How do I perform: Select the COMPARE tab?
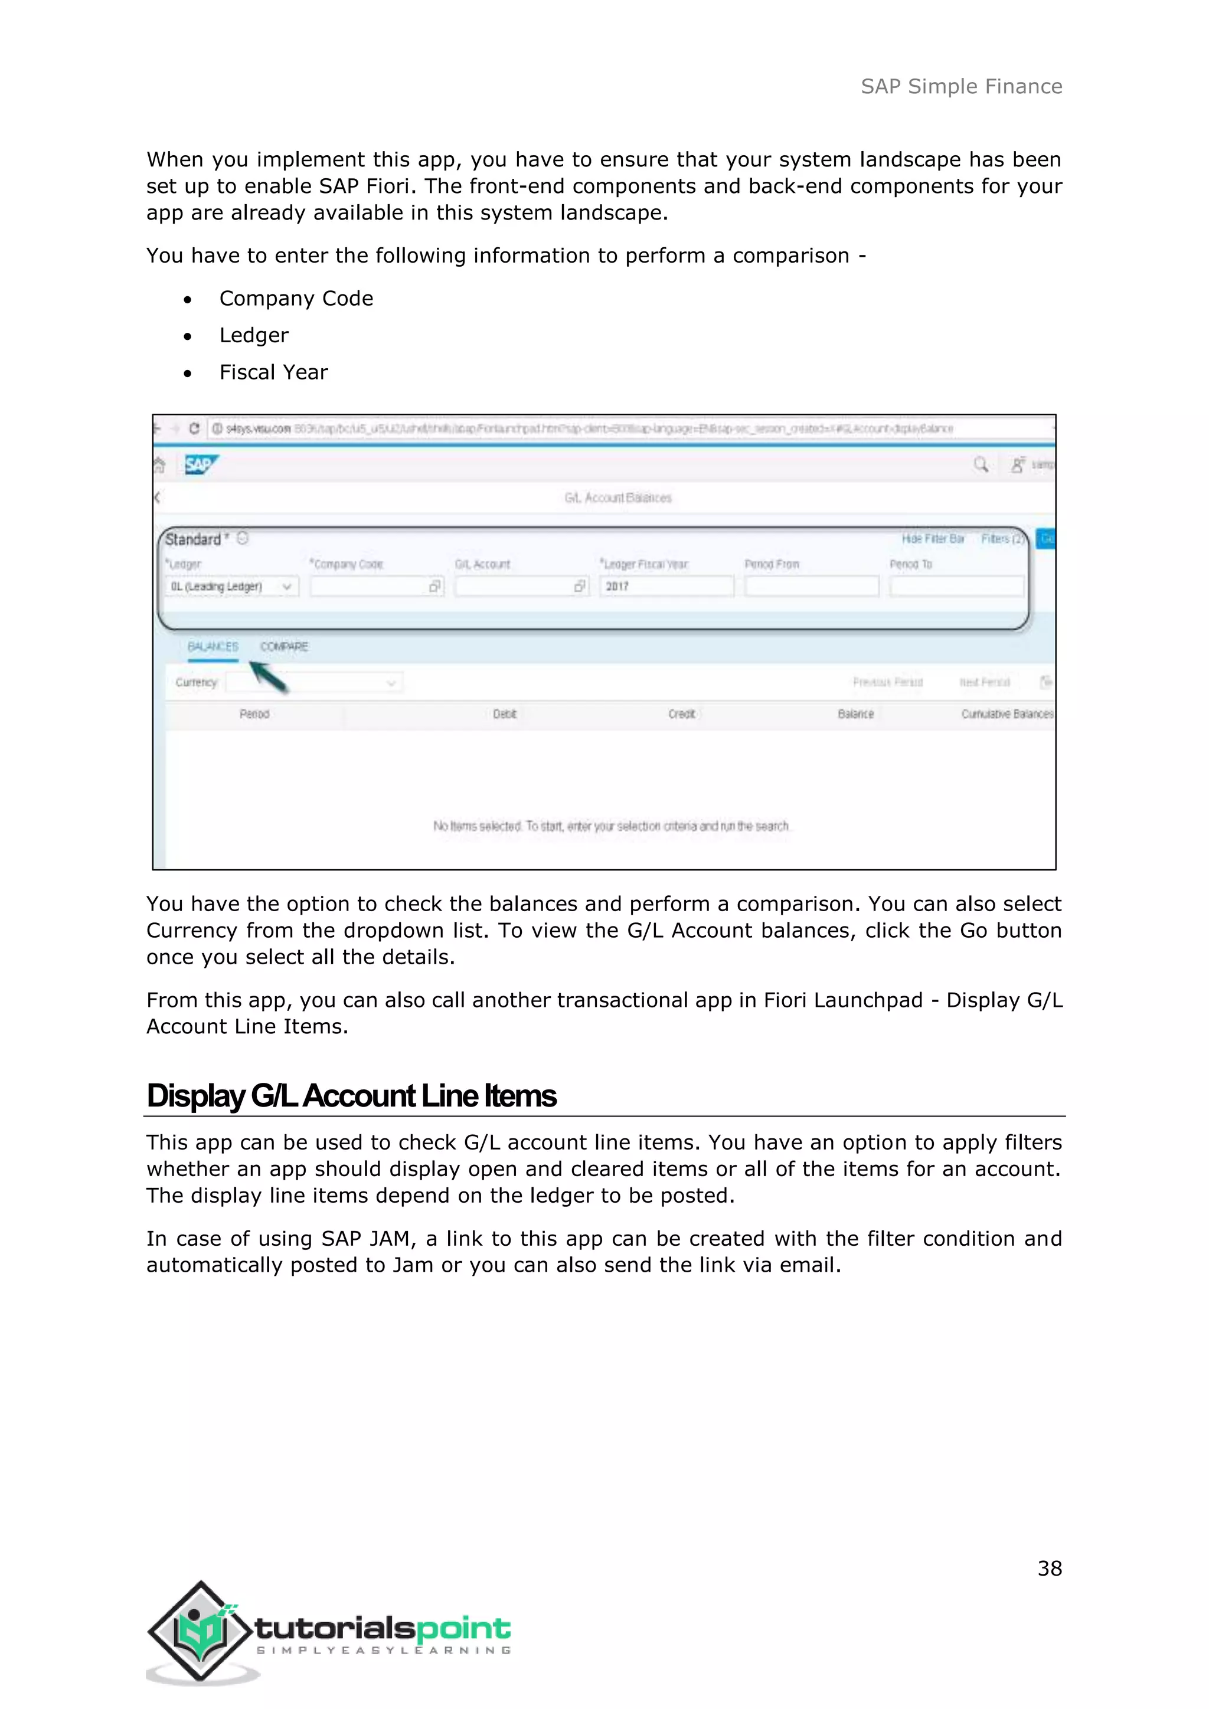click(283, 646)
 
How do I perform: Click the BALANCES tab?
click(213, 646)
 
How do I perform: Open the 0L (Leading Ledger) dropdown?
click(231, 587)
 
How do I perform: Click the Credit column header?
click(681, 714)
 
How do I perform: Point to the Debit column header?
click(504, 714)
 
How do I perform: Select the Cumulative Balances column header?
click(1007, 714)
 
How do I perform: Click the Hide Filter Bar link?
click(932, 538)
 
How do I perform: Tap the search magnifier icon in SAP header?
click(981, 464)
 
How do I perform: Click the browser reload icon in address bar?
click(194, 429)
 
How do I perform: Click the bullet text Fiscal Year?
click(273, 372)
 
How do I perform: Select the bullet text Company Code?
click(296, 299)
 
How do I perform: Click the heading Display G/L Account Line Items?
click(351, 1096)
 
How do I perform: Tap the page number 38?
click(1049, 1569)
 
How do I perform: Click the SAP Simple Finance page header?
click(960, 86)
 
